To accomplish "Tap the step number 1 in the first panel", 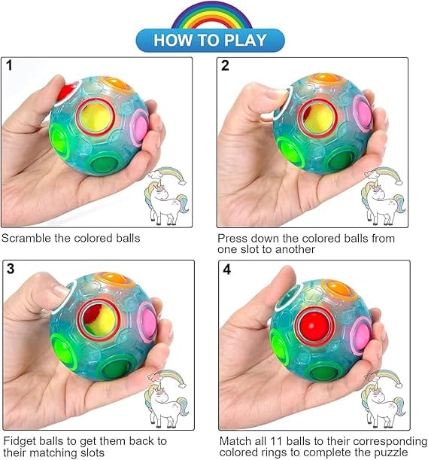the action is (9, 65).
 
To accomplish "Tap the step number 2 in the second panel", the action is (225, 65).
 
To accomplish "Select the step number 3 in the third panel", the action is (11, 269).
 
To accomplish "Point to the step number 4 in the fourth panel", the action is (226, 269).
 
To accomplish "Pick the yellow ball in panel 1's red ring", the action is (96, 117).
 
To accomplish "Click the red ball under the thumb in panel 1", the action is (65, 91).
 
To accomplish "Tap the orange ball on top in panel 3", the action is (115, 278).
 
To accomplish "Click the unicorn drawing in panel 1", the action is (166, 196).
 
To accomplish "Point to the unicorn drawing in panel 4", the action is (384, 400).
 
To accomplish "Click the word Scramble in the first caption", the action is (26, 238).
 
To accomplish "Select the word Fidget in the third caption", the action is (20, 441).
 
